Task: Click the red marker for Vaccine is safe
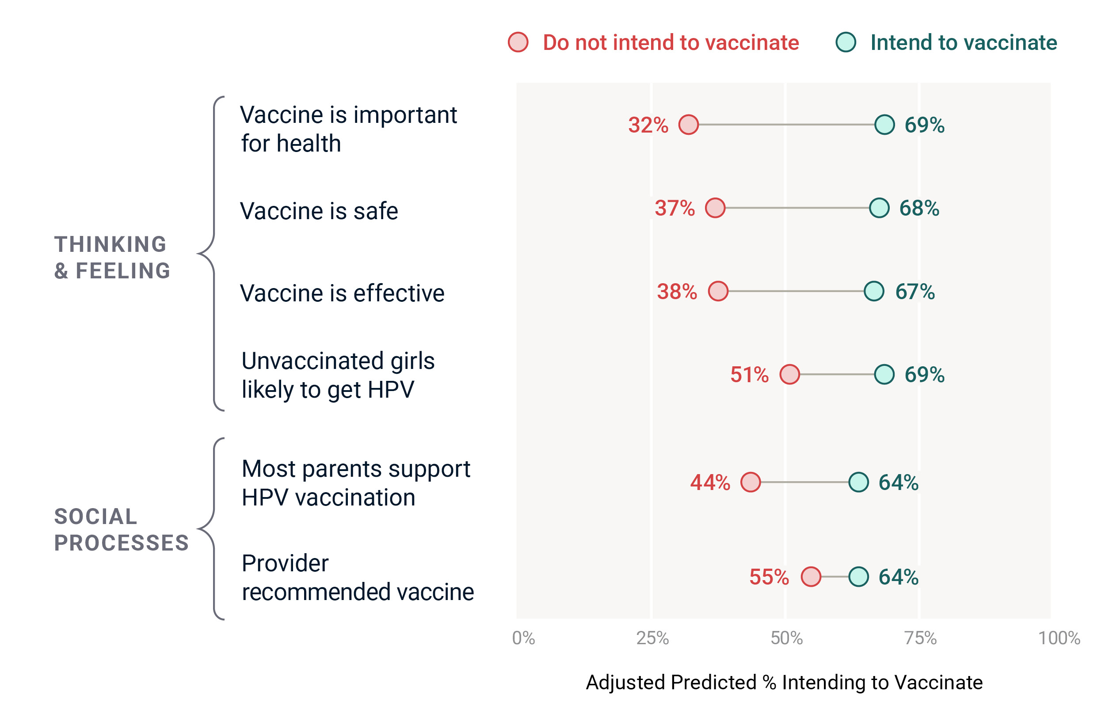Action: point(715,208)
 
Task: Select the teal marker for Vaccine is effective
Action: point(874,291)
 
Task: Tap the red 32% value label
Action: point(648,125)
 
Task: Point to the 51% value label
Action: point(749,375)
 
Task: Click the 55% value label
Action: point(769,577)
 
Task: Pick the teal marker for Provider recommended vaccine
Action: point(858,577)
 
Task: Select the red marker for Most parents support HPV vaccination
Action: point(750,482)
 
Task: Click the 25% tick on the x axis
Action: point(652,638)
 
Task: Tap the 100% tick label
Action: point(1059,638)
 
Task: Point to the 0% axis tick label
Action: point(523,638)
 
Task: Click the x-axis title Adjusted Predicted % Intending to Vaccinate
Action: point(784,682)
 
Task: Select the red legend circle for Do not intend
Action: point(518,42)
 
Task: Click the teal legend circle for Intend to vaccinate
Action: point(846,42)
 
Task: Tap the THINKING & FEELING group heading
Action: point(112,258)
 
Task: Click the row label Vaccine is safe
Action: point(319,211)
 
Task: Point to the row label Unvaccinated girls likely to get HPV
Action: point(338,375)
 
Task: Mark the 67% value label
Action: point(914,292)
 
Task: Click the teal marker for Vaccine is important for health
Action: point(884,125)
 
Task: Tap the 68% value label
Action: point(919,209)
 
